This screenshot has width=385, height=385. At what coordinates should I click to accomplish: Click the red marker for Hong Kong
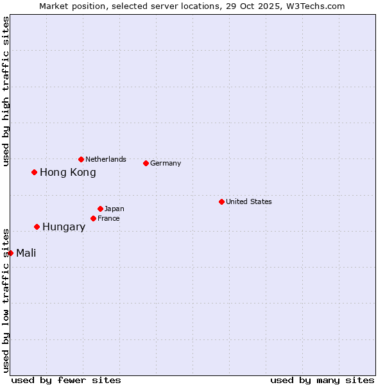tap(35, 172)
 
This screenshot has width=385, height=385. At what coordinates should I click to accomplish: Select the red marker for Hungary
tap(37, 227)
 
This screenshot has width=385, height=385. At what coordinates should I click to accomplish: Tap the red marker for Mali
tap(11, 253)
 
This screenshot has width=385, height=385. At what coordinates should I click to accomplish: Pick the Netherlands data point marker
tap(81, 159)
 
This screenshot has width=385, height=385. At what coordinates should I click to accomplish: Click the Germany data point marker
tap(146, 163)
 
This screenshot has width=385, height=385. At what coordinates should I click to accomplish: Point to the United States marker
tap(222, 201)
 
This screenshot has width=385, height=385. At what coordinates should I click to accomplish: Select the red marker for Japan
tap(101, 209)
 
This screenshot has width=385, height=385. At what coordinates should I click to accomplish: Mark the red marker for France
tap(94, 218)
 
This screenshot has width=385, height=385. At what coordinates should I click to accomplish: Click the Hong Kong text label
tap(68, 172)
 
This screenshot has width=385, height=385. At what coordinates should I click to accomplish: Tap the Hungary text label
tap(64, 227)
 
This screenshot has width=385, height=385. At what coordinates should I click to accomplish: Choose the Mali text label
tap(26, 253)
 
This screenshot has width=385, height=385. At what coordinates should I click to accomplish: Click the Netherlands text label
tap(106, 159)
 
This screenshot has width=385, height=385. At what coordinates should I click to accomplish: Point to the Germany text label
tap(166, 163)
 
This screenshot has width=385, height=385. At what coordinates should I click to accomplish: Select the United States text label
tap(249, 201)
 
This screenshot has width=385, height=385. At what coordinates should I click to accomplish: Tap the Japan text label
tap(114, 209)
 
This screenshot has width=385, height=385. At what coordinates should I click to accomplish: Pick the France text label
tap(108, 218)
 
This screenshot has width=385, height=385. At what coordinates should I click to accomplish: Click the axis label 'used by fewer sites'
tap(66, 380)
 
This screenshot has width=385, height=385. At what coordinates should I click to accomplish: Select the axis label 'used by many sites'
tap(322, 380)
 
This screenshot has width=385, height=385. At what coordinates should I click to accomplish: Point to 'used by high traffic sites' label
tap(6, 91)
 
